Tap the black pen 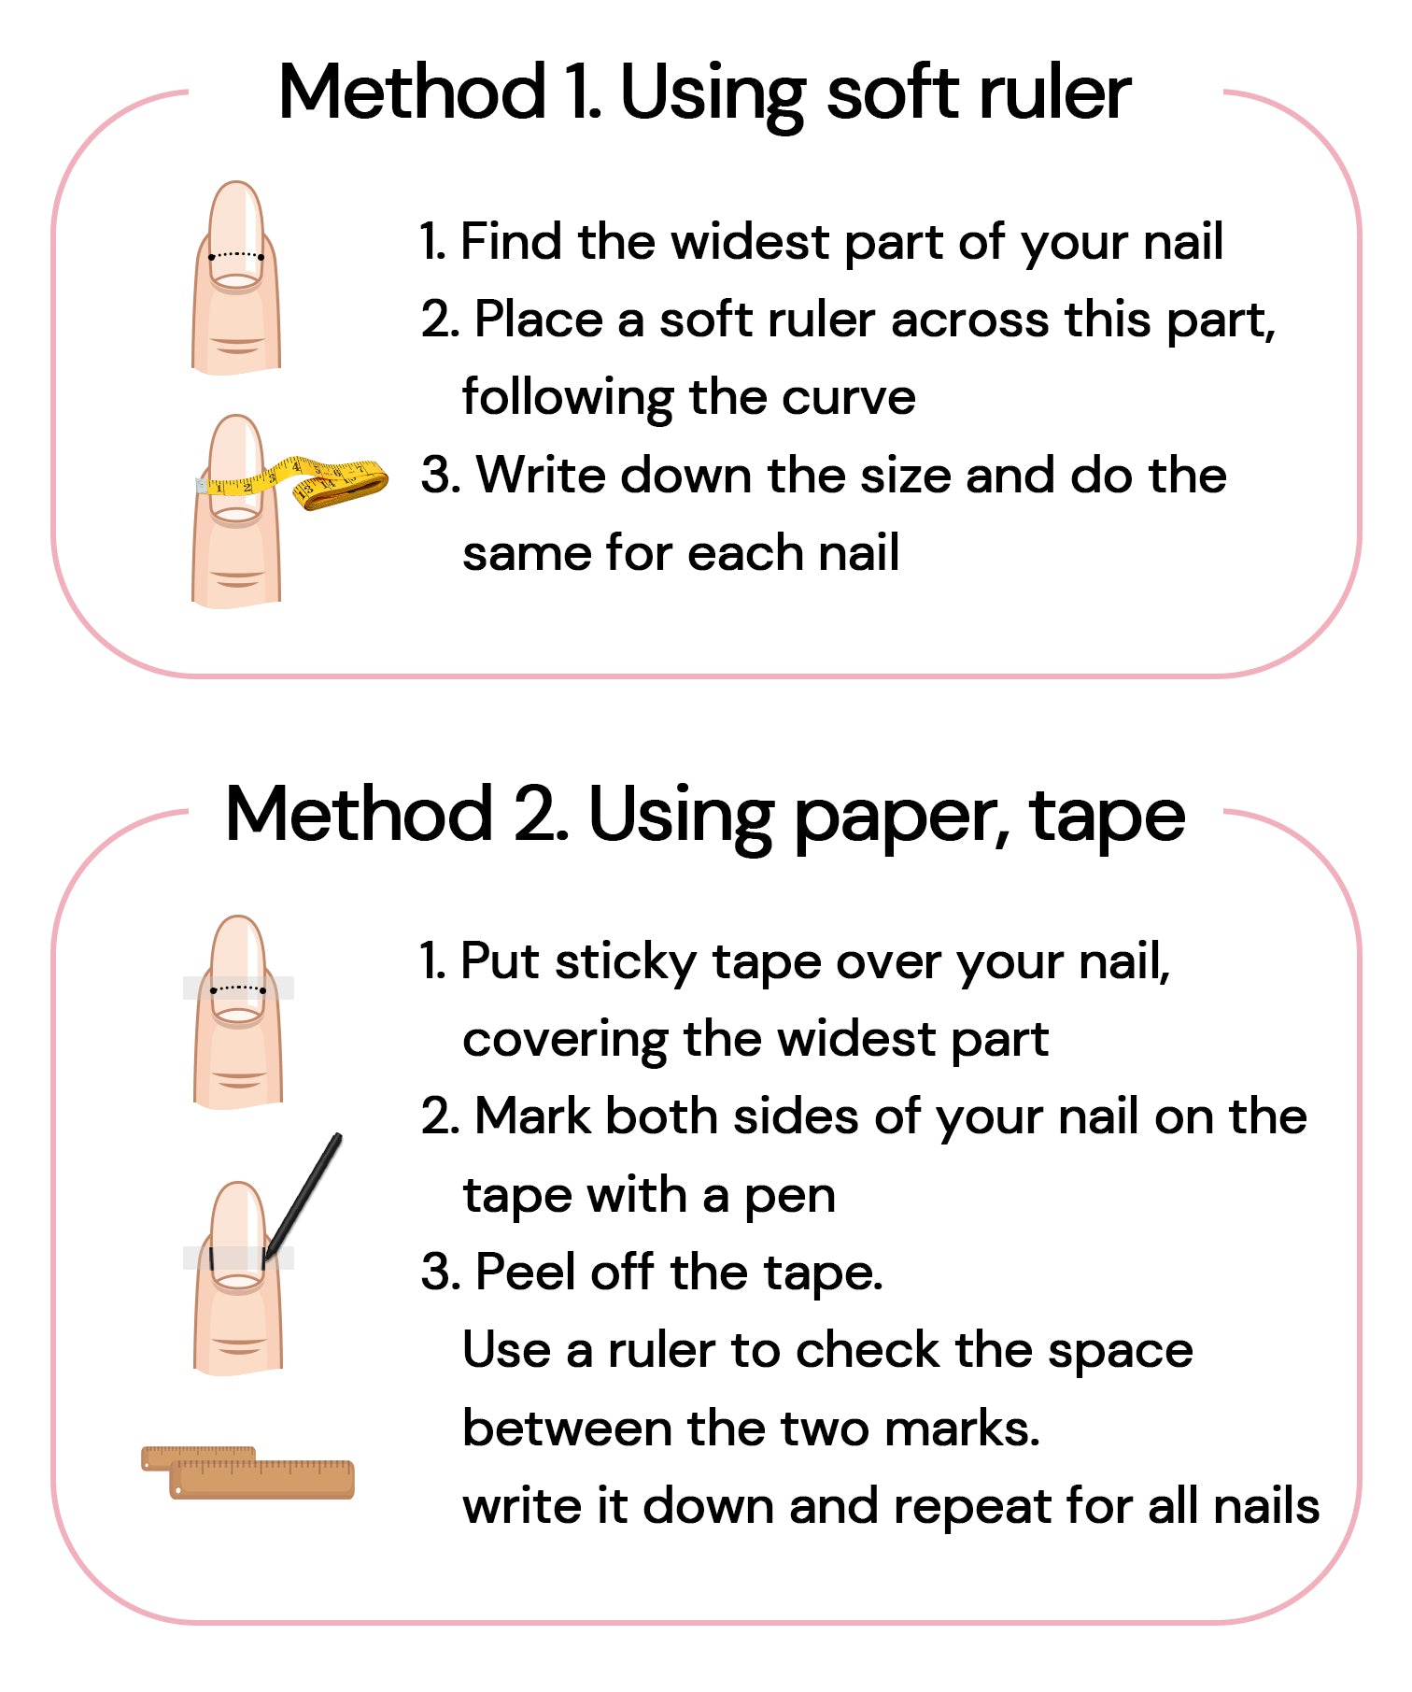tap(302, 1199)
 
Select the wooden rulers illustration tap(247, 1472)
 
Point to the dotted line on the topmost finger tap(236, 255)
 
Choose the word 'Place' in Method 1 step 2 tap(539, 320)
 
